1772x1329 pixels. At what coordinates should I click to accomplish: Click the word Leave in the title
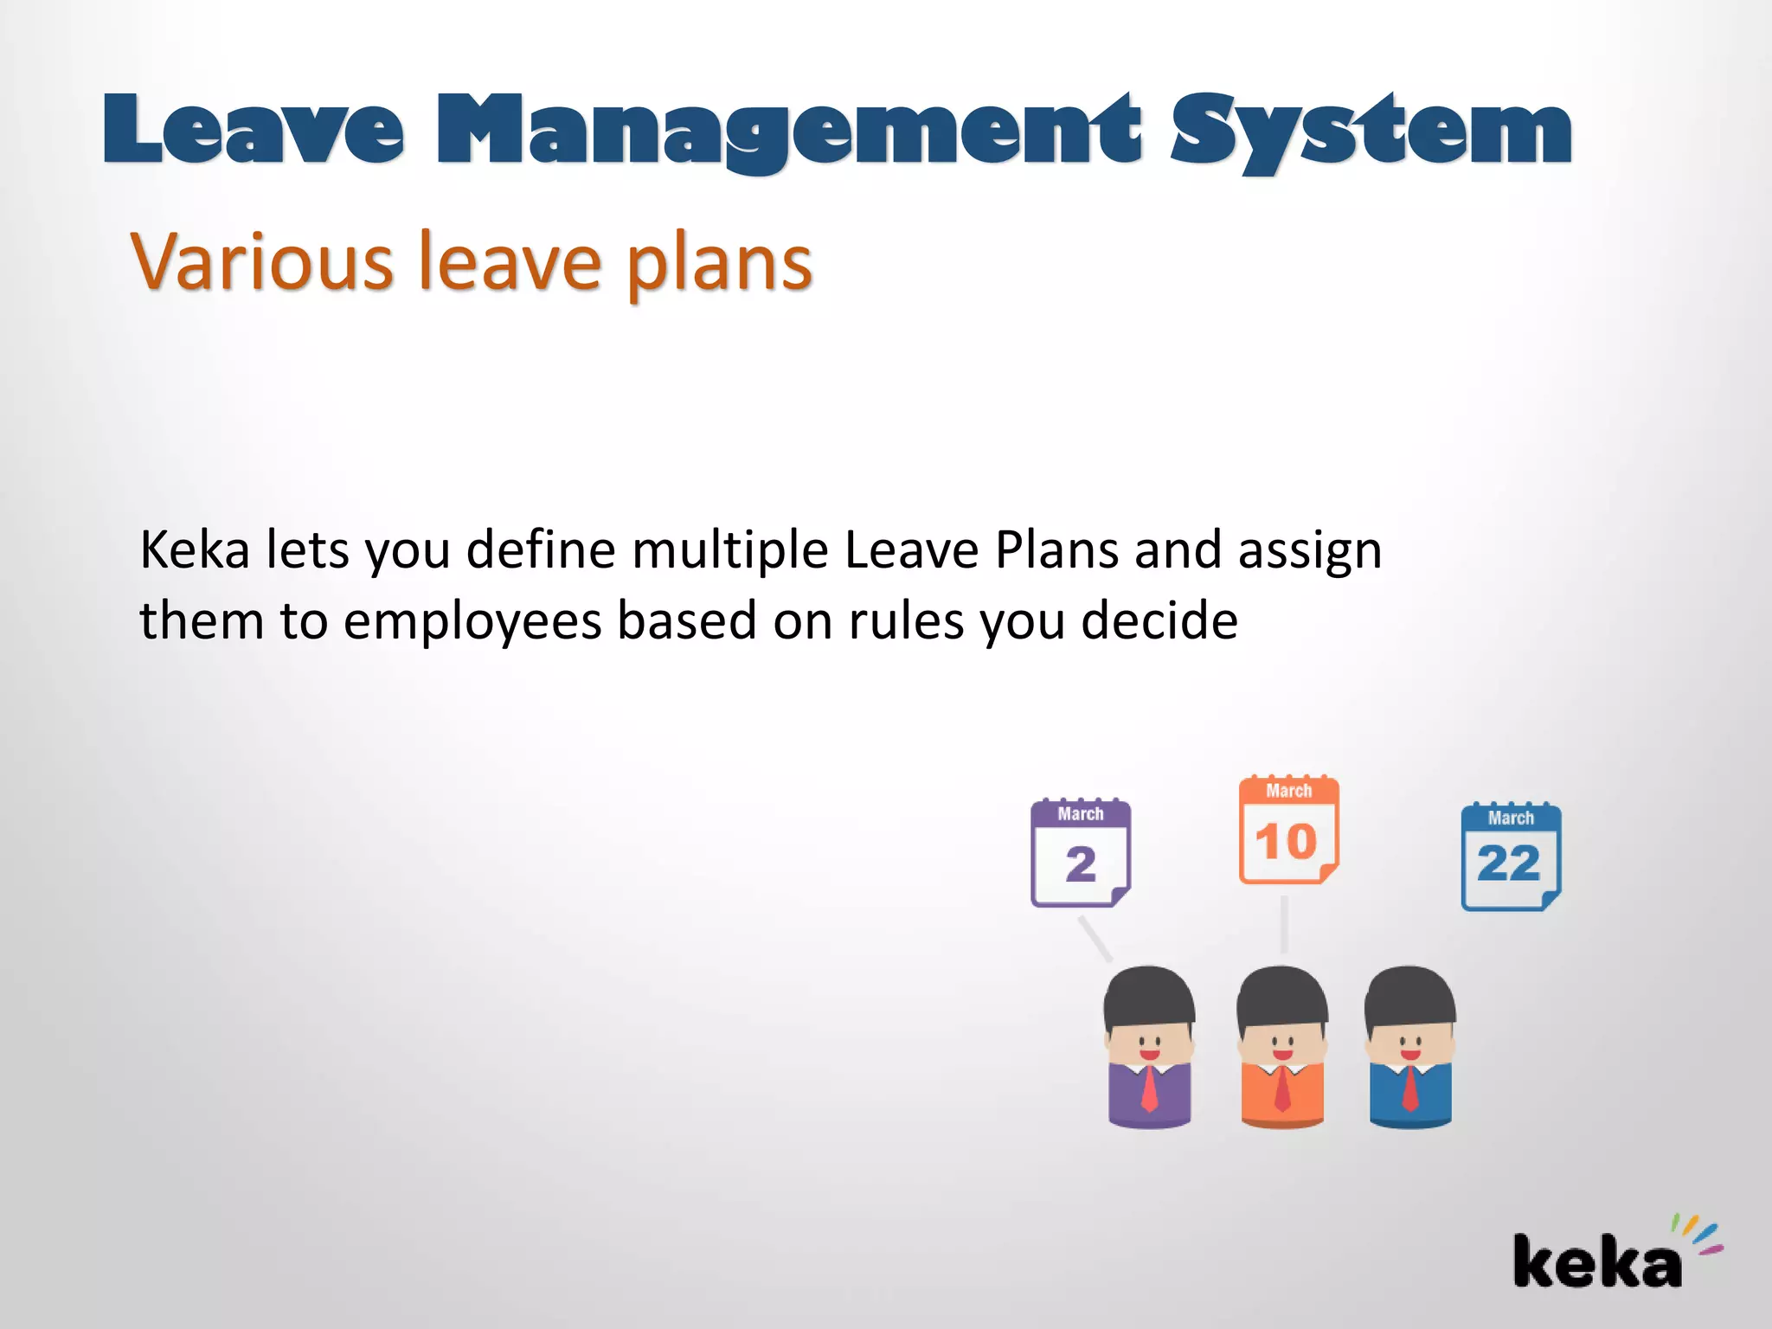click(x=253, y=130)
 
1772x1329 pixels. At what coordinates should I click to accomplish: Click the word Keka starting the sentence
click(x=195, y=550)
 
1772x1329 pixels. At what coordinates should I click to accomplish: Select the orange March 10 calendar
click(x=1288, y=831)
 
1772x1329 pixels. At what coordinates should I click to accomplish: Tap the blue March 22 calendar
click(x=1511, y=857)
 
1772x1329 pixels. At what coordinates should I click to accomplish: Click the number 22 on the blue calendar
click(x=1509, y=864)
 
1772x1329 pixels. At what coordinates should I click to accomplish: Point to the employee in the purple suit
click(x=1149, y=1047)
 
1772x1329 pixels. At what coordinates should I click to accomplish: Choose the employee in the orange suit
click(x=1282, y=1047)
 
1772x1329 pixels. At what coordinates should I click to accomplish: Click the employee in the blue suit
click(x=1410, y=1047)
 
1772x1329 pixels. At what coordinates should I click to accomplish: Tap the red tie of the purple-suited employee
click(x=1149, y=1089)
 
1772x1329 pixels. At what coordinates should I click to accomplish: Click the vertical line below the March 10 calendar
click(x=1284, y=924)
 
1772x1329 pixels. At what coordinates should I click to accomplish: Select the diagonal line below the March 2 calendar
click(x=1095, y=939)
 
